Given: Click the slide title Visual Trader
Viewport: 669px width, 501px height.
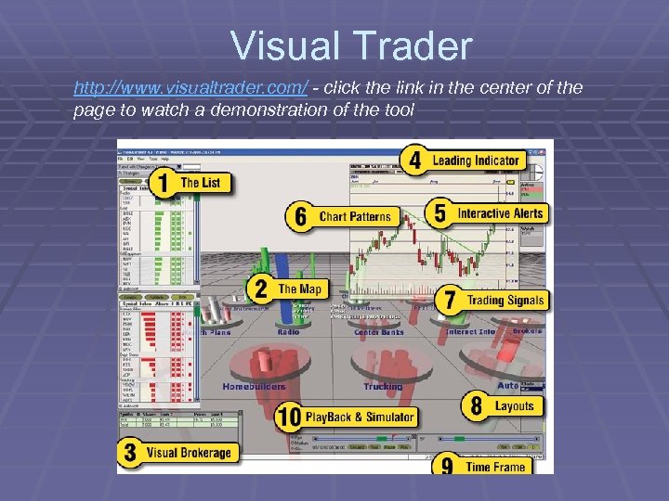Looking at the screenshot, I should coord(352,45).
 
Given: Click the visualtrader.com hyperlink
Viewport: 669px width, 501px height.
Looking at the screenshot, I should coord(191,88).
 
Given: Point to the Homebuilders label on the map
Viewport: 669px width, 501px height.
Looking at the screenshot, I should coord(253,386).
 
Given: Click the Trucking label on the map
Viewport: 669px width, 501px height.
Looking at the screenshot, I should coord(383,386).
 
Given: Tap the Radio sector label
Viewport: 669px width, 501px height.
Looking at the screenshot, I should coord(288,331).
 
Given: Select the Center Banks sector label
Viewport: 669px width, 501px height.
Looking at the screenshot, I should coord(378,331).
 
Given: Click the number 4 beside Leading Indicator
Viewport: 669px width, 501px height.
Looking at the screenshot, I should coord(415,161).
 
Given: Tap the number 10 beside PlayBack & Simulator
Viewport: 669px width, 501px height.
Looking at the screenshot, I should coord(288,417).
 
